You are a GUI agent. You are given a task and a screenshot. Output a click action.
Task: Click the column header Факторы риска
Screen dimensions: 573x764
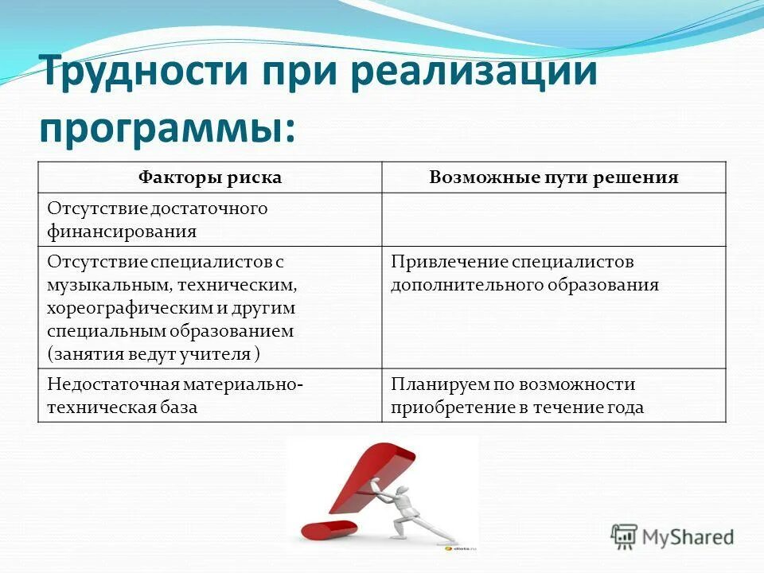point(210,177)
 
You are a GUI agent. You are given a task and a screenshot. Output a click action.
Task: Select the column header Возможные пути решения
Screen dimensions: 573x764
point(554,177)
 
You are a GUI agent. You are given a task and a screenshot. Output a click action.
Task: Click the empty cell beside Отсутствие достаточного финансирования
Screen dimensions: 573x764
point(554,220)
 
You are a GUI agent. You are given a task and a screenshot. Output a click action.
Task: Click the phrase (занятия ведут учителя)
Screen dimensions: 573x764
point(154,353)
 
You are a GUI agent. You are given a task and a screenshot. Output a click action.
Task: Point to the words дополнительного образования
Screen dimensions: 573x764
point(524,285)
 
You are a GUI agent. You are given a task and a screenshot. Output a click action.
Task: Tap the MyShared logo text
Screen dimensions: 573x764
point(689,537)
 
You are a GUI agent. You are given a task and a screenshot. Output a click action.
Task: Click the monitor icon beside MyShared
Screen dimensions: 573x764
point(625,536)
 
